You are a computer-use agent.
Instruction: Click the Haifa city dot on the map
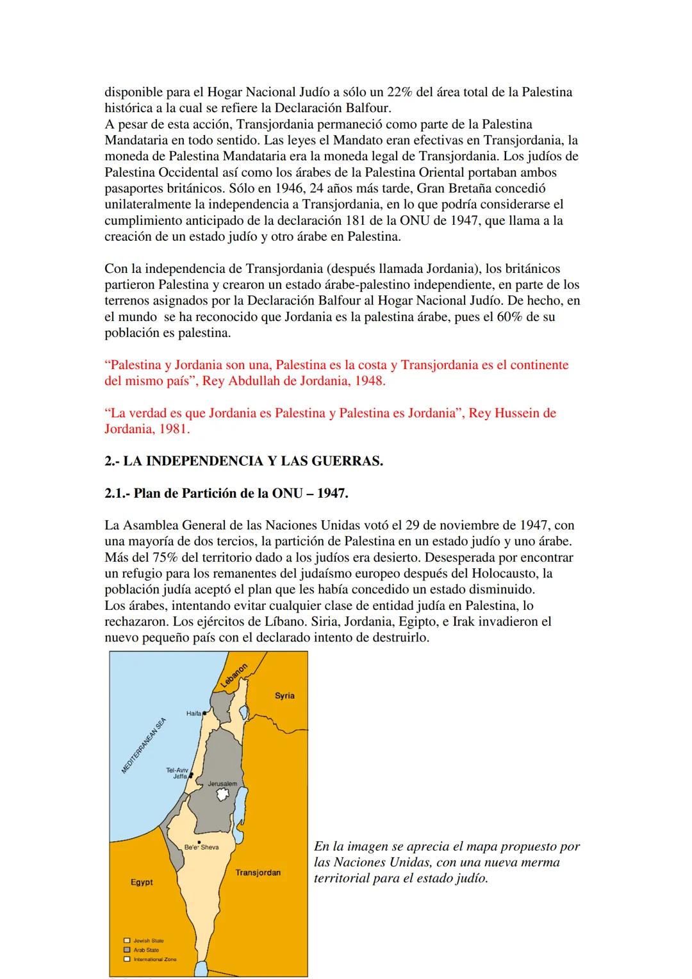point(204,712)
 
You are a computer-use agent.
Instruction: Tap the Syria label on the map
point(284,696)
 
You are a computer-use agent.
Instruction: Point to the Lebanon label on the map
point(234,676)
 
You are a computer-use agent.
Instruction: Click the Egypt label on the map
point(142,882)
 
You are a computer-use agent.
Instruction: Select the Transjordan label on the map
point(258,873)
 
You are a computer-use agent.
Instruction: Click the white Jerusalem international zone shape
point(223,794)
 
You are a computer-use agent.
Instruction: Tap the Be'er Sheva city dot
point(199,842)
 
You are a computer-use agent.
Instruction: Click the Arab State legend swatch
point(127,950)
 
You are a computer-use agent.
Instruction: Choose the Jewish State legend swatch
point(127,941)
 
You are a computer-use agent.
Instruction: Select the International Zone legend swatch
point(127,959)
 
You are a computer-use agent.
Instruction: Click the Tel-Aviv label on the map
point(177,769)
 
